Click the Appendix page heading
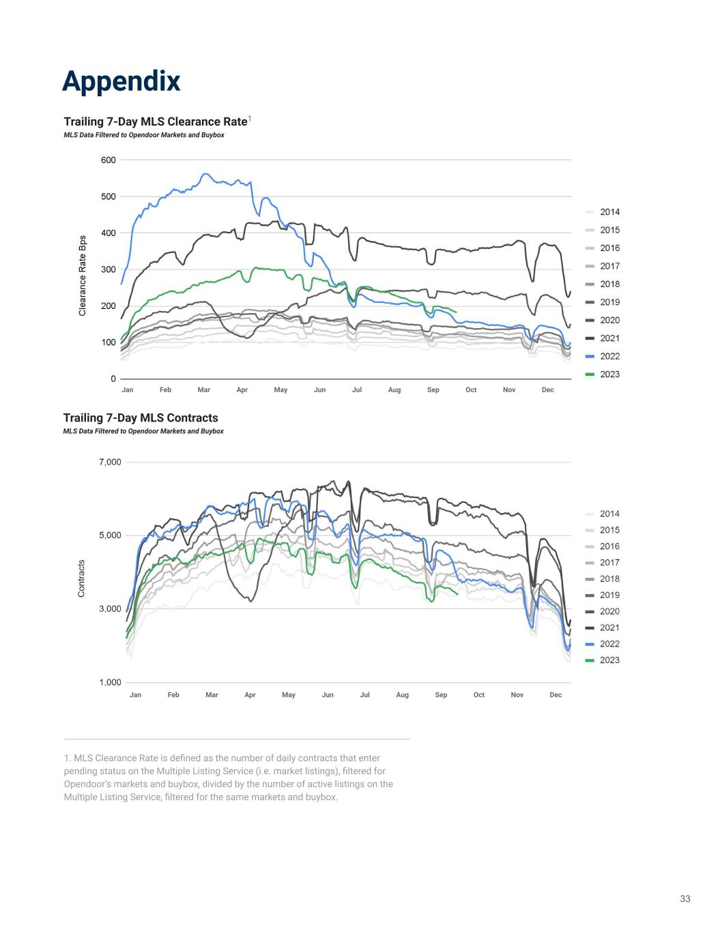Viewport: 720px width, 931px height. pos(121,81)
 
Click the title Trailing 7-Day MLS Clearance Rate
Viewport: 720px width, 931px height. pos(155,121)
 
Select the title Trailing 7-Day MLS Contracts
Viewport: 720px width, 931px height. pos(141,417)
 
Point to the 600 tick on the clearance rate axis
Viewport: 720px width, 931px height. pos(108,160)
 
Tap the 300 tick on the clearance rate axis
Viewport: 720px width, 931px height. pos(108,269)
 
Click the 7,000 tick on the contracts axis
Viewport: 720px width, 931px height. pos(109,462)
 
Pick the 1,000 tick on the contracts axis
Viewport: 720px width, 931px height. pos(109,682)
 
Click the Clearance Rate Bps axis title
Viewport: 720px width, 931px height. pos(83,276)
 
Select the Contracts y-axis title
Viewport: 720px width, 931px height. pos(81,578)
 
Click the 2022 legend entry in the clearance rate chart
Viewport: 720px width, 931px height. pos(609,356)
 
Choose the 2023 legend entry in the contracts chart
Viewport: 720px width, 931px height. pos(609,660)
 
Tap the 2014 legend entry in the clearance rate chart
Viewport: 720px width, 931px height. pos(609,212)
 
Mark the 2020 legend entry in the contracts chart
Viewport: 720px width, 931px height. pos(609,611)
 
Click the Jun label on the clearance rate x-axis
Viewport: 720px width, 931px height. pos(319,390)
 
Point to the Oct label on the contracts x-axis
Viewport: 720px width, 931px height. pos(479,695)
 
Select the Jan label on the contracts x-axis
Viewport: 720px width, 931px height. pos(136,695)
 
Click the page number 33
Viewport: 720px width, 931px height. pos(685,899)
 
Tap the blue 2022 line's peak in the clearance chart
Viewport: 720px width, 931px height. pos(206,175)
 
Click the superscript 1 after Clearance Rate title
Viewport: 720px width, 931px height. pos(250,119)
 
